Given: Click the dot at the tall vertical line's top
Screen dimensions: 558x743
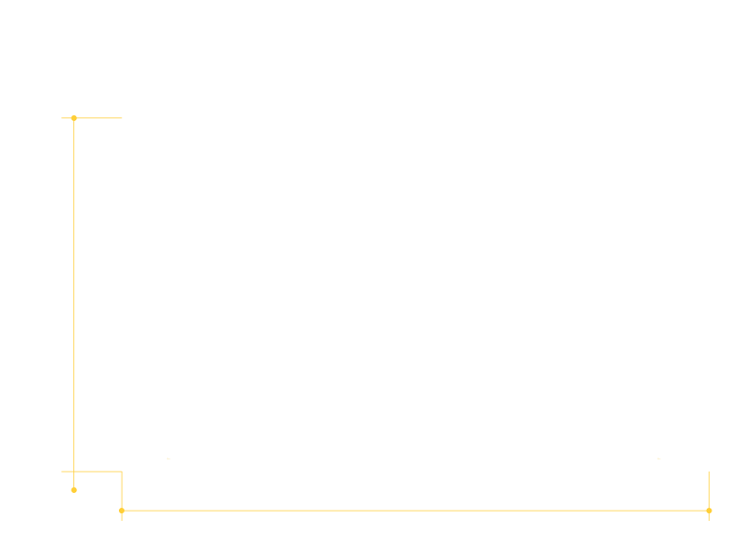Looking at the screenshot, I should tap(74, 118).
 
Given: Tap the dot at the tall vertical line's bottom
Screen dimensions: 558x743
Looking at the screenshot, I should tap(74, 490).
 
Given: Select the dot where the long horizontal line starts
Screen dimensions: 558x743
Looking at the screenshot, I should tap(122, 511).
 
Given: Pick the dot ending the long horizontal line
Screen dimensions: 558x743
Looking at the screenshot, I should tap(709, 511).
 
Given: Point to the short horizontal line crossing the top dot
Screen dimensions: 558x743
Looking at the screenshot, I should tap(98, 118).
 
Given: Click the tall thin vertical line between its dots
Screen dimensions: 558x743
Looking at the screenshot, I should tap(74, 298).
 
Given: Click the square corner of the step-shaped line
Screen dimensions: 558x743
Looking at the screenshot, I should tap(122, 472).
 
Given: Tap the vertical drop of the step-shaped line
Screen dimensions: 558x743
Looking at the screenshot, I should tap(122, 491).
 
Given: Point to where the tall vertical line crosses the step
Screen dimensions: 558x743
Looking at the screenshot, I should tap(74, 472).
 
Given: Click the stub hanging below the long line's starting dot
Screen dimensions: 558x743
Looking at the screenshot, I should tap(122, 517).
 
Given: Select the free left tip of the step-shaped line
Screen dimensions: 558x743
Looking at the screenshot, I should tap(61, 472).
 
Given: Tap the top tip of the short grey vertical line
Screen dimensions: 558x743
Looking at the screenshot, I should tap(709, 472).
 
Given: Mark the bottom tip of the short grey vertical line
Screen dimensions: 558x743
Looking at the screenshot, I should tap(709, 521).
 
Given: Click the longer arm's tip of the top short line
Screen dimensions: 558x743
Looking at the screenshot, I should tap(122, 118).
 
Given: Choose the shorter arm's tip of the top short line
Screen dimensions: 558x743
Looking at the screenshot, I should tap(61, 118).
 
